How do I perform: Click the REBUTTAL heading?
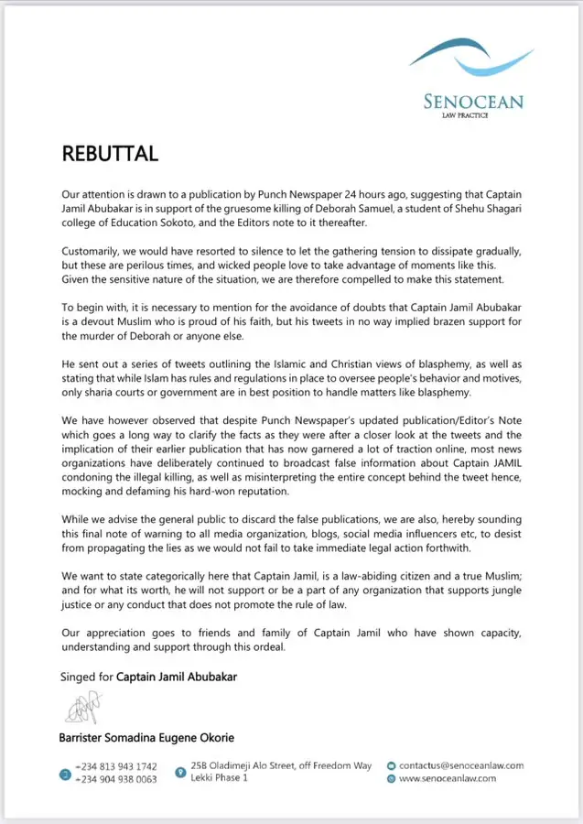pyautogui.click(x=110, y=153)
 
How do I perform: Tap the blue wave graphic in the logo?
pyautogui.click(x=472, y=57)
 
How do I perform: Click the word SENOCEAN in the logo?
pyautogui.click(x=472, y=101)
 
